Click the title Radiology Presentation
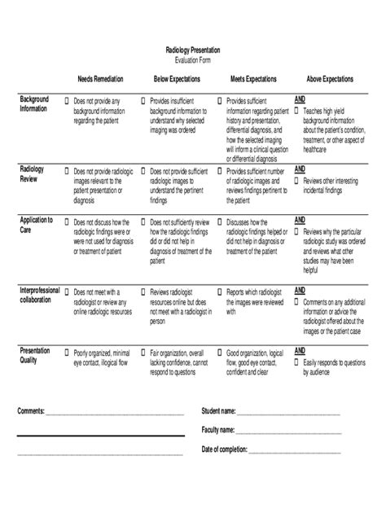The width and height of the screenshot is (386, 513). pyautogui.click(x=192, y=50)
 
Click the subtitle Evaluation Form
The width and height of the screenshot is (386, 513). pyautogui.click(x=192, y=60)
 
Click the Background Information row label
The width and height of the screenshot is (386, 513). pyautogui.click(x=34, y=103)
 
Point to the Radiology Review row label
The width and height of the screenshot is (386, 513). pyautogui.click(x=32, y=173)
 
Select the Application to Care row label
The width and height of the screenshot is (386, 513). pyautogui.click(x=36, y=225)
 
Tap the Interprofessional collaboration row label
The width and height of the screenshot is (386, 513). pyautogui.click(x=42, y=295)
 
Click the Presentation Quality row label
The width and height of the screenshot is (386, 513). pyautogui.click(x=35, y=355)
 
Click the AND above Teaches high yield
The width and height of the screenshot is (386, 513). pyautogui.click(x=300, y=99)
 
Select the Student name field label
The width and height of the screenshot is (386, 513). pyautogui.click(x=218, y=410)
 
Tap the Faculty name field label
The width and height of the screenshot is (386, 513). pyautogui.click(x=217, y=429)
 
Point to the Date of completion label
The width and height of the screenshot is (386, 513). pyautogui.click(x=226, y=449)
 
